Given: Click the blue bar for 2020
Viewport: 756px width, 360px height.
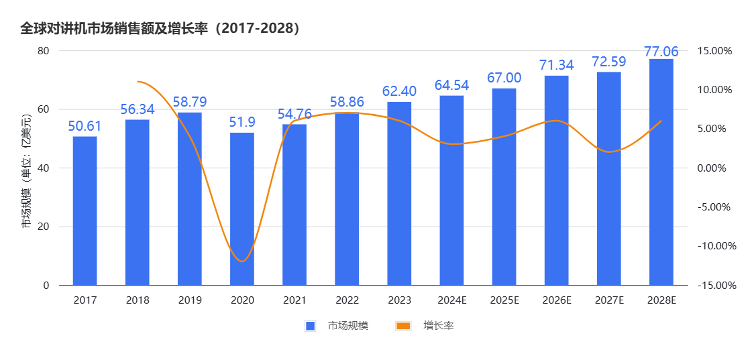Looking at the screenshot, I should coord(242,208).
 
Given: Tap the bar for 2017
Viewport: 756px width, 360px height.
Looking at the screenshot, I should coord(85,211).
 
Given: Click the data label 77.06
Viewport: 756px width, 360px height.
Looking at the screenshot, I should coord(661,52).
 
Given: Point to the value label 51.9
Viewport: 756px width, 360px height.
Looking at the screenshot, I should coord(242,122).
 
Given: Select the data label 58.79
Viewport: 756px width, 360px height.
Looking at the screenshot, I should coord(190,103).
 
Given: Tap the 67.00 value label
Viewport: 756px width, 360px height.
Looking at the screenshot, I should coord(504,78).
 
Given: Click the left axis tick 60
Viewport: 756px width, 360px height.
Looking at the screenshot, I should coord(44,109).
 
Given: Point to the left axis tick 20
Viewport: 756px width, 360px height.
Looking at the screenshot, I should coord(44,227).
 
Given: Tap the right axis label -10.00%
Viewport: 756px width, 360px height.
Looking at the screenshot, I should coord(716,246).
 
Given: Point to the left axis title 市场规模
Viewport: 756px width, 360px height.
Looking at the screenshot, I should coord(26,172).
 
